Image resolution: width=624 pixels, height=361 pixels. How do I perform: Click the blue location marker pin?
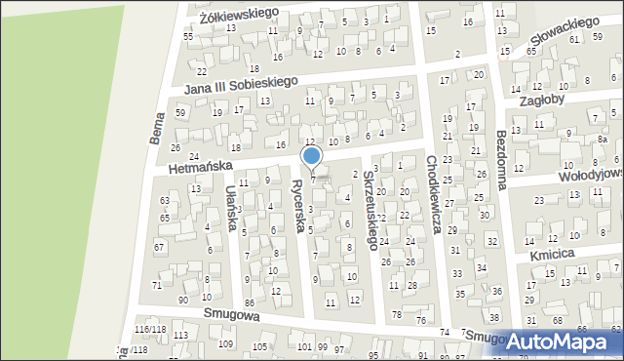pyautogui.click(x=312, y=157)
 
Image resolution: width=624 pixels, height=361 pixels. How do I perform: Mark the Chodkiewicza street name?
pyautogui.click(x=435, y=196)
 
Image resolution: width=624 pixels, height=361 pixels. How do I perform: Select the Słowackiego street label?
pyautogui.click(x=563, y=36)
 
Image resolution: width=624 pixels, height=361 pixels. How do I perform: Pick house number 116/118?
pyautogui.click(x=149, y=331)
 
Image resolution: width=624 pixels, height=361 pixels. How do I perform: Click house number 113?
pyautogui.click(x=180, y=336)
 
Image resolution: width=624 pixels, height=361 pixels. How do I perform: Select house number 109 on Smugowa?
pyautogui.click(x=225, y=344)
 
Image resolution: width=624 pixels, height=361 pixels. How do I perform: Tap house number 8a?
pyautogui.click(x=603, y=140)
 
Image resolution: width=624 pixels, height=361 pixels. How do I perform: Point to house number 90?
pyautogui.click(x=183, y=300)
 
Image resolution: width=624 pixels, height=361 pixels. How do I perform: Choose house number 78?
pyautogui.click(x=397, y=314)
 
